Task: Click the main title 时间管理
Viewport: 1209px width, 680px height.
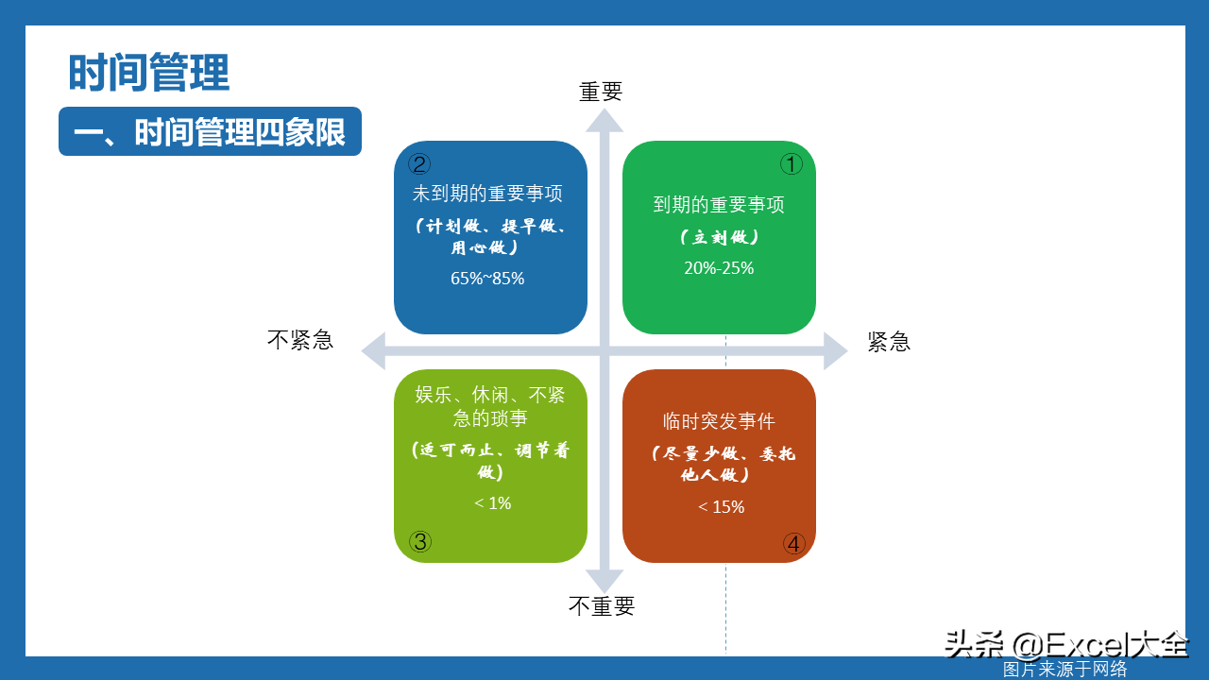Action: point(149,73)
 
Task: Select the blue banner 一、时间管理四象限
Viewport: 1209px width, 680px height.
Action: point(210,131)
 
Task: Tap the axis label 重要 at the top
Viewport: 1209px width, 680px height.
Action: point(601,92)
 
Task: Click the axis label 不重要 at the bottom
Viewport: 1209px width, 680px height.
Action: point(602,606)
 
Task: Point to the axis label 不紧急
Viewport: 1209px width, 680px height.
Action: point(300,340)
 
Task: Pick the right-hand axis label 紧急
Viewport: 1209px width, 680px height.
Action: point(889,342)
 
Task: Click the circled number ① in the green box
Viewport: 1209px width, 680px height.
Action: point(792,164)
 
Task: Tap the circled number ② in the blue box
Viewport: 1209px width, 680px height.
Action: point(418,164)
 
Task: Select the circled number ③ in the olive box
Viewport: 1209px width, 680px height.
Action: point(420,541)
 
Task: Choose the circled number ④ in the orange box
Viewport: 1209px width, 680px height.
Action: point(794,543)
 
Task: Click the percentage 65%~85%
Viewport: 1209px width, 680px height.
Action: point(487,278)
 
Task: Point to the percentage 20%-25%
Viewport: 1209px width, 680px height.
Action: point(719,267)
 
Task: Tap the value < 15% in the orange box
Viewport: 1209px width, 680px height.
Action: point(721,507)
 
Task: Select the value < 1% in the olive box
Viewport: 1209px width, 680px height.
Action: point(492,503)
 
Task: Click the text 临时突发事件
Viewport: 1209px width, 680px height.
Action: point(719,421)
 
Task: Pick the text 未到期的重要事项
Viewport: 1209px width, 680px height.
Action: point(487,194)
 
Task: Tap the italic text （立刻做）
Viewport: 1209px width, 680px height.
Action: point(719,237)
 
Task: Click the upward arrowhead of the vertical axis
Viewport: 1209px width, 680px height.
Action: point(604,120)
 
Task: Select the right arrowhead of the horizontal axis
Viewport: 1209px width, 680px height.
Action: point(836,350)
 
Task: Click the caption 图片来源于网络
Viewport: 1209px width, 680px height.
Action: point(1064,670)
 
